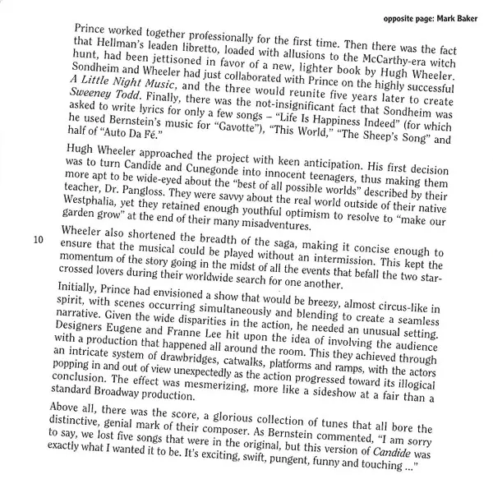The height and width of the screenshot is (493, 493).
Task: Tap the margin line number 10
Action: click(39, 242)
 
